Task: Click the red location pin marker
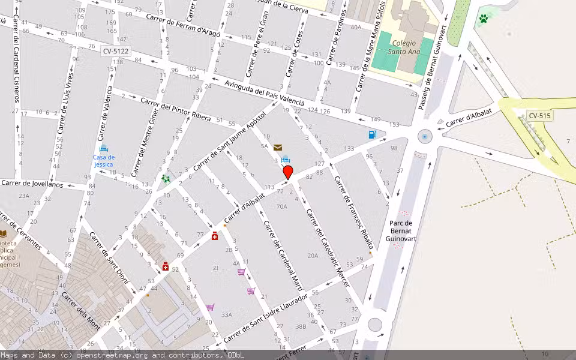288,173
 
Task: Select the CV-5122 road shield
115,51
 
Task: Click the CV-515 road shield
540,116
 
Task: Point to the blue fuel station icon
373,134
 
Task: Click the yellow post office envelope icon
278,147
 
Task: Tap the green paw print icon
483,19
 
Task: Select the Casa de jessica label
103,161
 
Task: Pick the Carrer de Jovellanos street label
32,184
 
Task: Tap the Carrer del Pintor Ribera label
175,108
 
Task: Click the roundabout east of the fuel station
425,137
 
